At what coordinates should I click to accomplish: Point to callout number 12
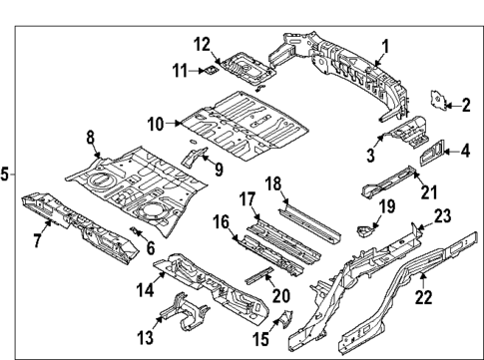point(201,43)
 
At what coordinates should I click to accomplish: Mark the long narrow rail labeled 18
point(312,218)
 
